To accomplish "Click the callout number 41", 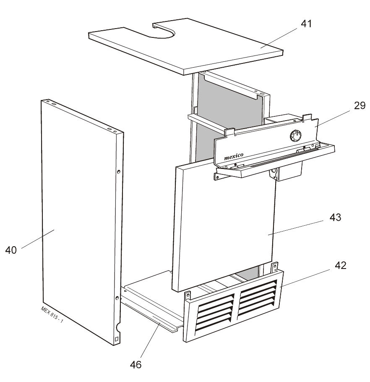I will pos(306,24).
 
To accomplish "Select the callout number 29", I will pos(360,105).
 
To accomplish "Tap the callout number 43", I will pos(335,218).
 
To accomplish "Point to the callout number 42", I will pos(340,266).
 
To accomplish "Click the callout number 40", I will pos(11,250).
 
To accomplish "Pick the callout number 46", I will pos(135,364).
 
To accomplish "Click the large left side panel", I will pos(78,219).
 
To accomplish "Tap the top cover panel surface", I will pos(210,48).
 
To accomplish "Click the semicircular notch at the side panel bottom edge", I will pos(119,325).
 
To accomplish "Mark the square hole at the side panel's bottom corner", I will pos(117,339).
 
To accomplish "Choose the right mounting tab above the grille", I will pos(275,267).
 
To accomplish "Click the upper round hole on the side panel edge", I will pos(119,171).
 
